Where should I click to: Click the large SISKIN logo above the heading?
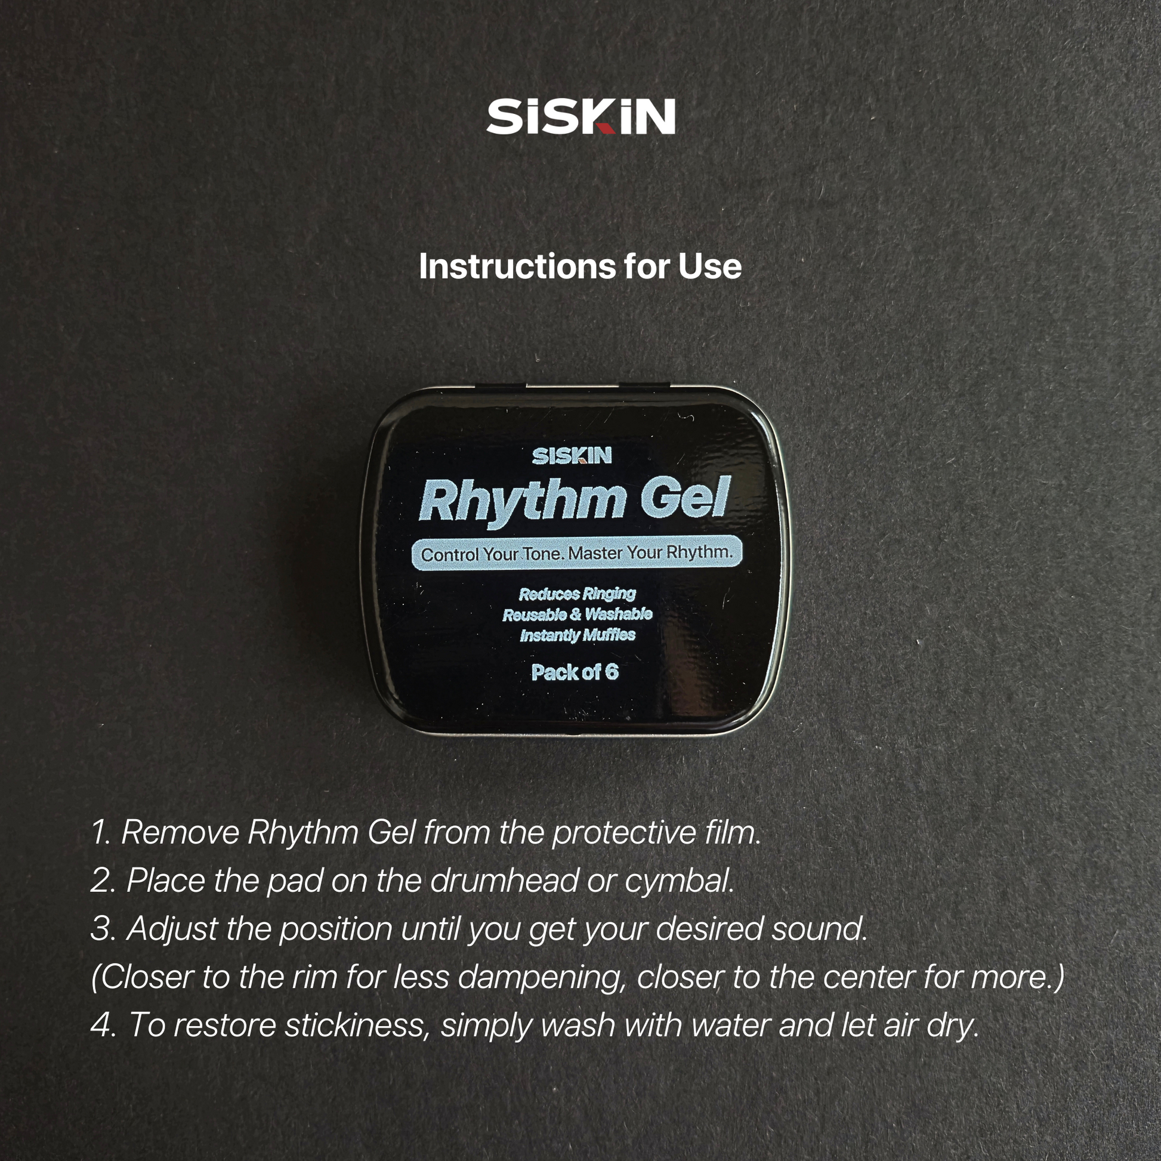(x=580, y=116)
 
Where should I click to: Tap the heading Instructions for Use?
(x=580, y=266)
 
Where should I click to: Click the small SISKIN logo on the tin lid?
(x=572, y=455)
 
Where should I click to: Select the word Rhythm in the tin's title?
(x=521, y=500)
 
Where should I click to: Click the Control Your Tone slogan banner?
(x=577, y=553)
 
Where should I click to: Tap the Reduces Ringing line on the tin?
(x=577, y=594)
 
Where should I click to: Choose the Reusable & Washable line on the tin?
(x=577, y=614)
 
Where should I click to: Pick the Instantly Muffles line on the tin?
(x=577, y=635)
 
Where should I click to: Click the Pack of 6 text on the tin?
(x=575, y=672)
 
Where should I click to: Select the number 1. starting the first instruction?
(x=101, y=832)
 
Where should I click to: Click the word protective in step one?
(x=619, y=833)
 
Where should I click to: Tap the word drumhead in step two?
(x=504, y=881)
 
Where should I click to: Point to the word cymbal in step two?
(x=680, y=882)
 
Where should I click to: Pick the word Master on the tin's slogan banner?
(x=595, y=553)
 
